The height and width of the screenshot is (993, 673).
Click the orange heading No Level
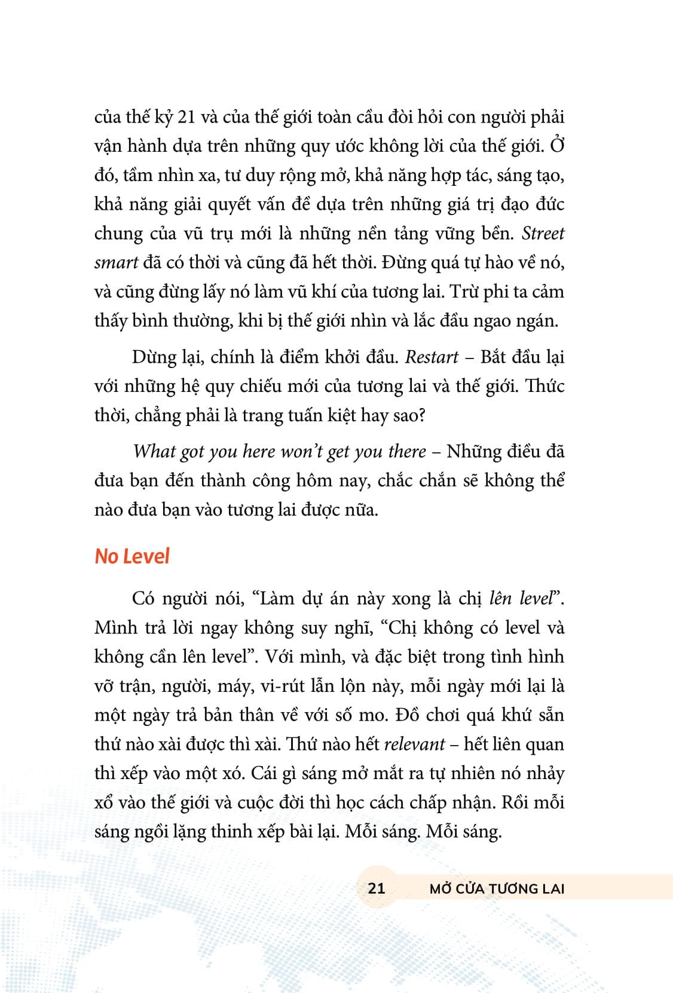pos(132,556)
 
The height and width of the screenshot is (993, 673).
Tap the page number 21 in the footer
pos(376,888)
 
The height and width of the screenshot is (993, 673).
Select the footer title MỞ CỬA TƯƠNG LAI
pos(497,888)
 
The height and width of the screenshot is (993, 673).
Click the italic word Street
pos(543,233)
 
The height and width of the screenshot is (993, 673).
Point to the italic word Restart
pos(432,357)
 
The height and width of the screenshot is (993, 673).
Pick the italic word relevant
pos(414,744)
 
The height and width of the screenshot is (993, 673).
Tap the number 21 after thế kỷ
pos(186,117)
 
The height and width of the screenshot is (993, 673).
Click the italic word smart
pos(116,262)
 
